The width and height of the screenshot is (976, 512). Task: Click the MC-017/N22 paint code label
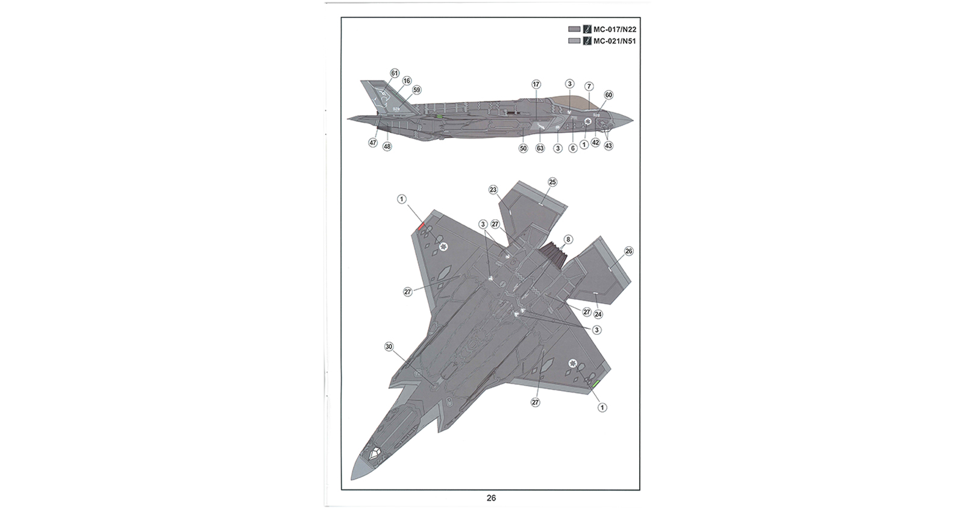click(x=615, y=30)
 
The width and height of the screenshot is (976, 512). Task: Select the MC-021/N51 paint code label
click(x=615, y=42)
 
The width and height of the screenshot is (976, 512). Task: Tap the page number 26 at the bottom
click(x=491, y=498)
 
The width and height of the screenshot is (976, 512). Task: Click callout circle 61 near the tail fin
click(x=395, y=73)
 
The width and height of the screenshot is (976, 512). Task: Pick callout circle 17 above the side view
click(x=536, y=84)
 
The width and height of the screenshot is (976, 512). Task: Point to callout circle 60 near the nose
click(x=608, y=95)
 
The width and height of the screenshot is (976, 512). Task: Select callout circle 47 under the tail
click(x=372, y=143)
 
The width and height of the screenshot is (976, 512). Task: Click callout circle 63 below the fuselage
click(x=540, y=148)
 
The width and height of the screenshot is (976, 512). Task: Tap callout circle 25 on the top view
click(x=552, y=182)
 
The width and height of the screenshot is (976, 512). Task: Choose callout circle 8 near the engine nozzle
click(x=568, y=239)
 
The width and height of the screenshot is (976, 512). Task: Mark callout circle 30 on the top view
click(x=389, y=347)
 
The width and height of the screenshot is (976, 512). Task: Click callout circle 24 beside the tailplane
click(x=598, y=314)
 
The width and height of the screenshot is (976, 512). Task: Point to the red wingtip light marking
click(x=421, y=226)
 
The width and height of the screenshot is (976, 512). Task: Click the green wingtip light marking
click(x=596, y=384)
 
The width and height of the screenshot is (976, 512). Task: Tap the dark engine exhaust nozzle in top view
click(x=553, y=254)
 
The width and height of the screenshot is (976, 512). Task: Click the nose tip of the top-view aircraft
click(x=352, y=478)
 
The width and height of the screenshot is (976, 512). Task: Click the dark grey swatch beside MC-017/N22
click(x=574, y=30)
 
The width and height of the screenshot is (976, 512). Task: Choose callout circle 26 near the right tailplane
click(x=628, y=251)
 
